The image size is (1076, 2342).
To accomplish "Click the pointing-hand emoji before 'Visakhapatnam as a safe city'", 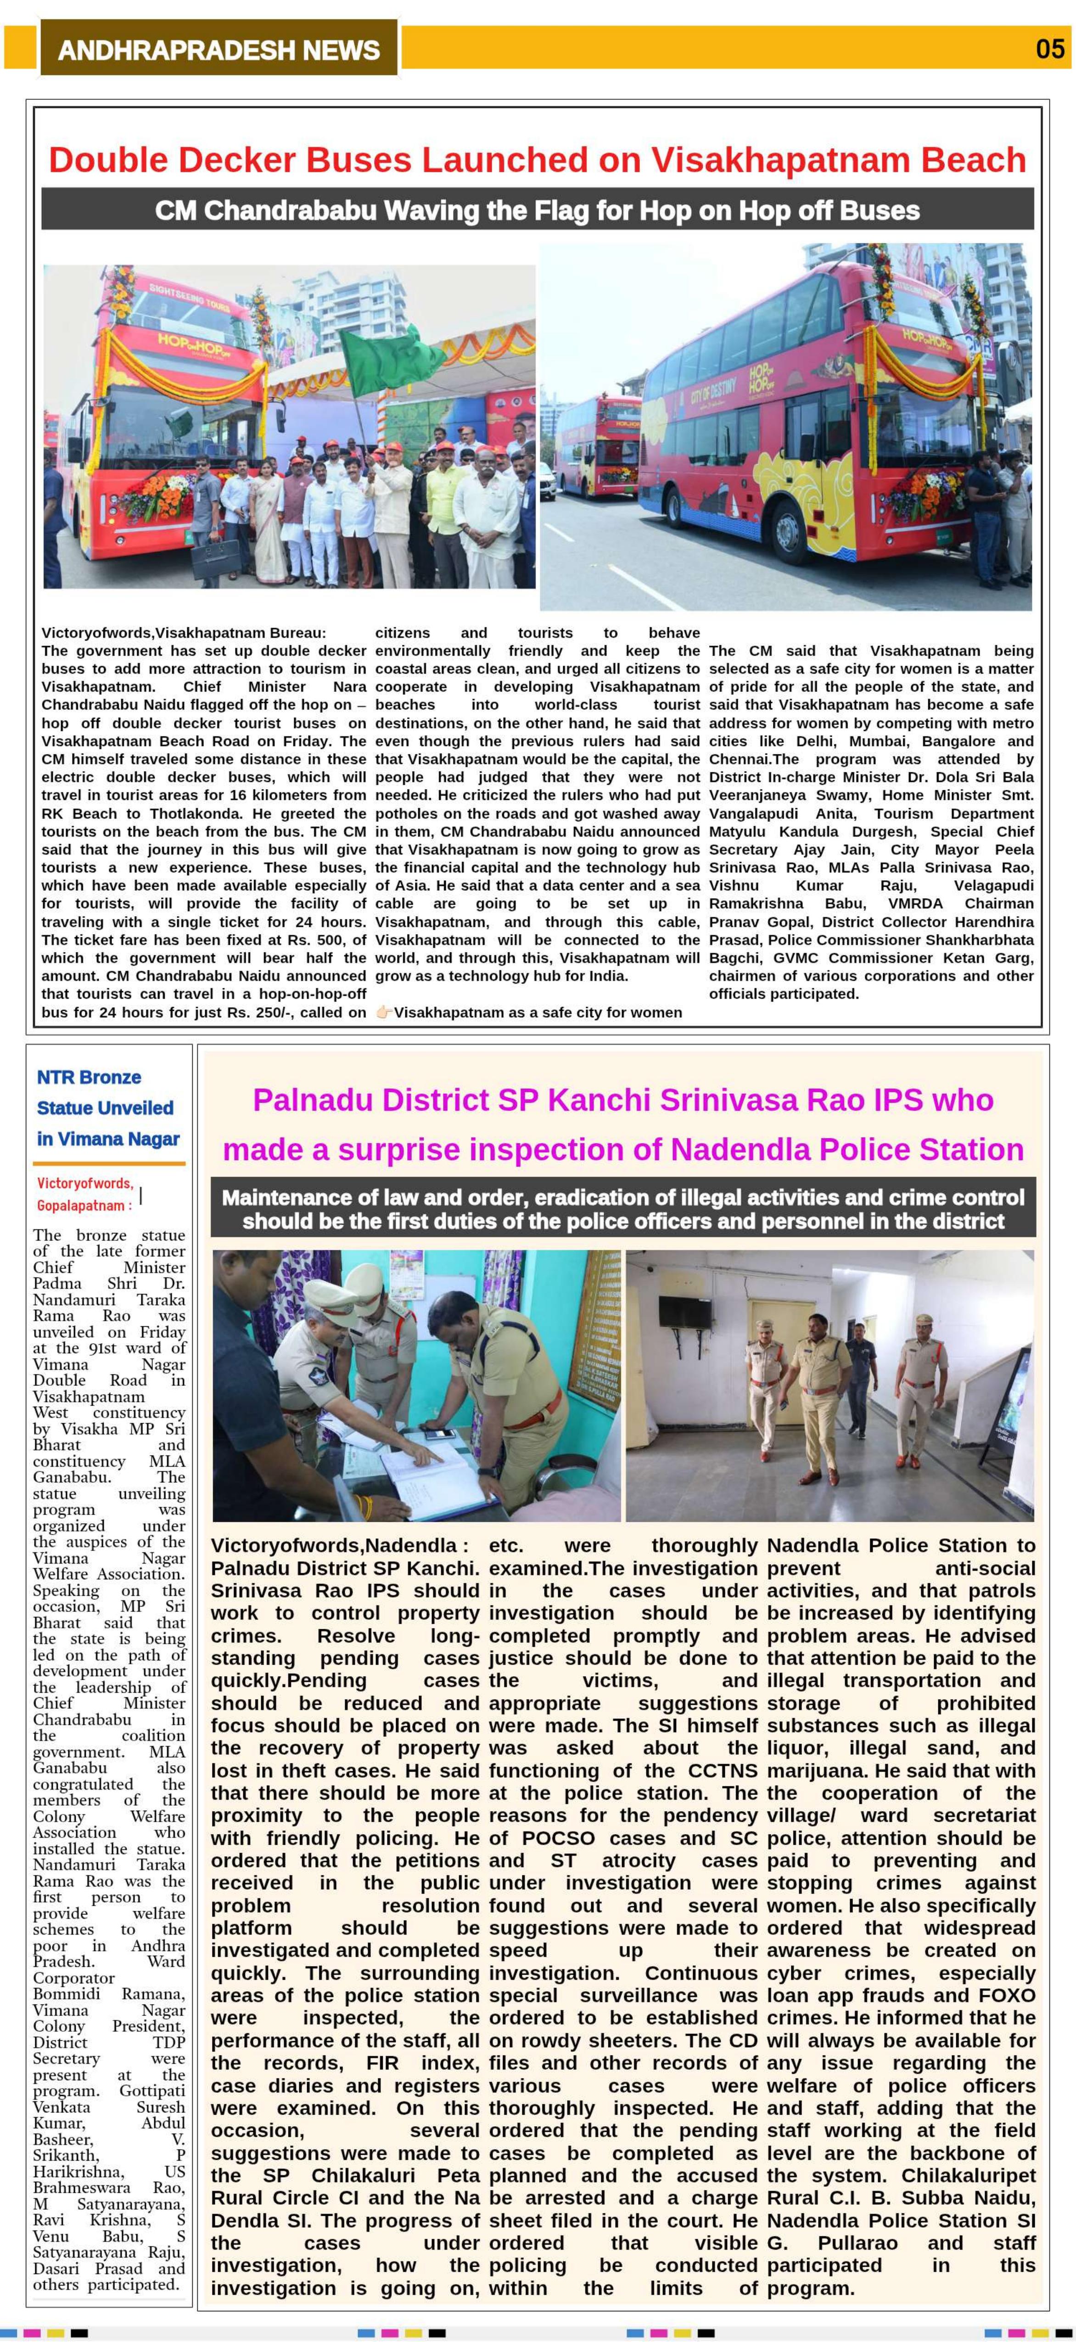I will click(x=383, y=1012).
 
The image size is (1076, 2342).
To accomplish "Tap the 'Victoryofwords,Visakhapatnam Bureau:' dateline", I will click(x=184, y=633).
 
